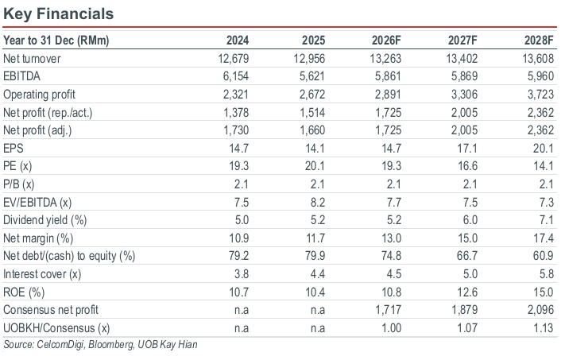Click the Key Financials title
tap(58, 14)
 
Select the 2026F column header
tap(386, 40)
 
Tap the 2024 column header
tap(238, 40)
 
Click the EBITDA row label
tap(21, 76)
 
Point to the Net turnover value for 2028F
tap(538, 58)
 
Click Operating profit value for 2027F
tap(464, 94)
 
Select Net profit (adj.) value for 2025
tap(312, 130)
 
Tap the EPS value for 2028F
tap(544, 148)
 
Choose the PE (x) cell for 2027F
tap(467, 166)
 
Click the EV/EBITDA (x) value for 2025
tap(318, 202)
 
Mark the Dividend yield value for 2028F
tap(547, 220)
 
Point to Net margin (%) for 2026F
tap(391, 238)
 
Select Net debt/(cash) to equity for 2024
tap(239, 255)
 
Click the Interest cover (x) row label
tap(42, 274)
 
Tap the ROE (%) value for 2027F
tap(467, 292)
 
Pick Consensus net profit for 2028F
tap(540, 310)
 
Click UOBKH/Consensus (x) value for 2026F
tap(390, 328)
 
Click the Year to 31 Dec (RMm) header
tap(56, 41)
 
